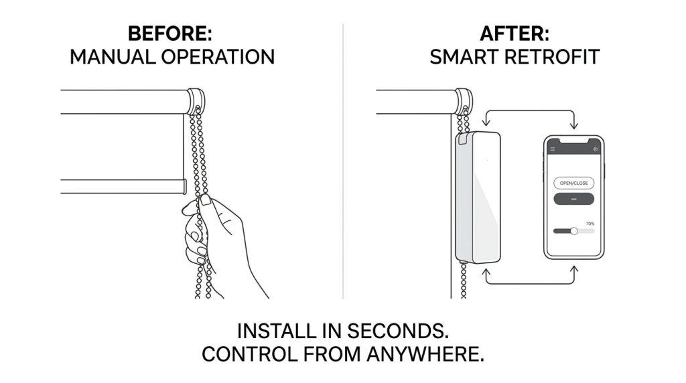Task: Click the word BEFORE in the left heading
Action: coord(167,33)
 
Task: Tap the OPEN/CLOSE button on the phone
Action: coord(573,183)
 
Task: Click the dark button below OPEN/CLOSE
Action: coord(573,199)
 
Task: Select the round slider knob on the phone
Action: coord(574,231)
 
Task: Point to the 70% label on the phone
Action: coord(590,224)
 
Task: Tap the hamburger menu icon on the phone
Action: coord(553,149)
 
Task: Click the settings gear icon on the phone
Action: coord(595,149)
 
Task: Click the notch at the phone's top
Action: coord(573,141)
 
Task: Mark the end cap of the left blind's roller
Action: coord(196,101)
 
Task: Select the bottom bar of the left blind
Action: coord(123,186)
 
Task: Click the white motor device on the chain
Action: coord(478,197)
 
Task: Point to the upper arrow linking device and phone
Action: coord(530,110)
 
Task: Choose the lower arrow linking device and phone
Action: coord(530,284)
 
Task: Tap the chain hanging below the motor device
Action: coord(464,281)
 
